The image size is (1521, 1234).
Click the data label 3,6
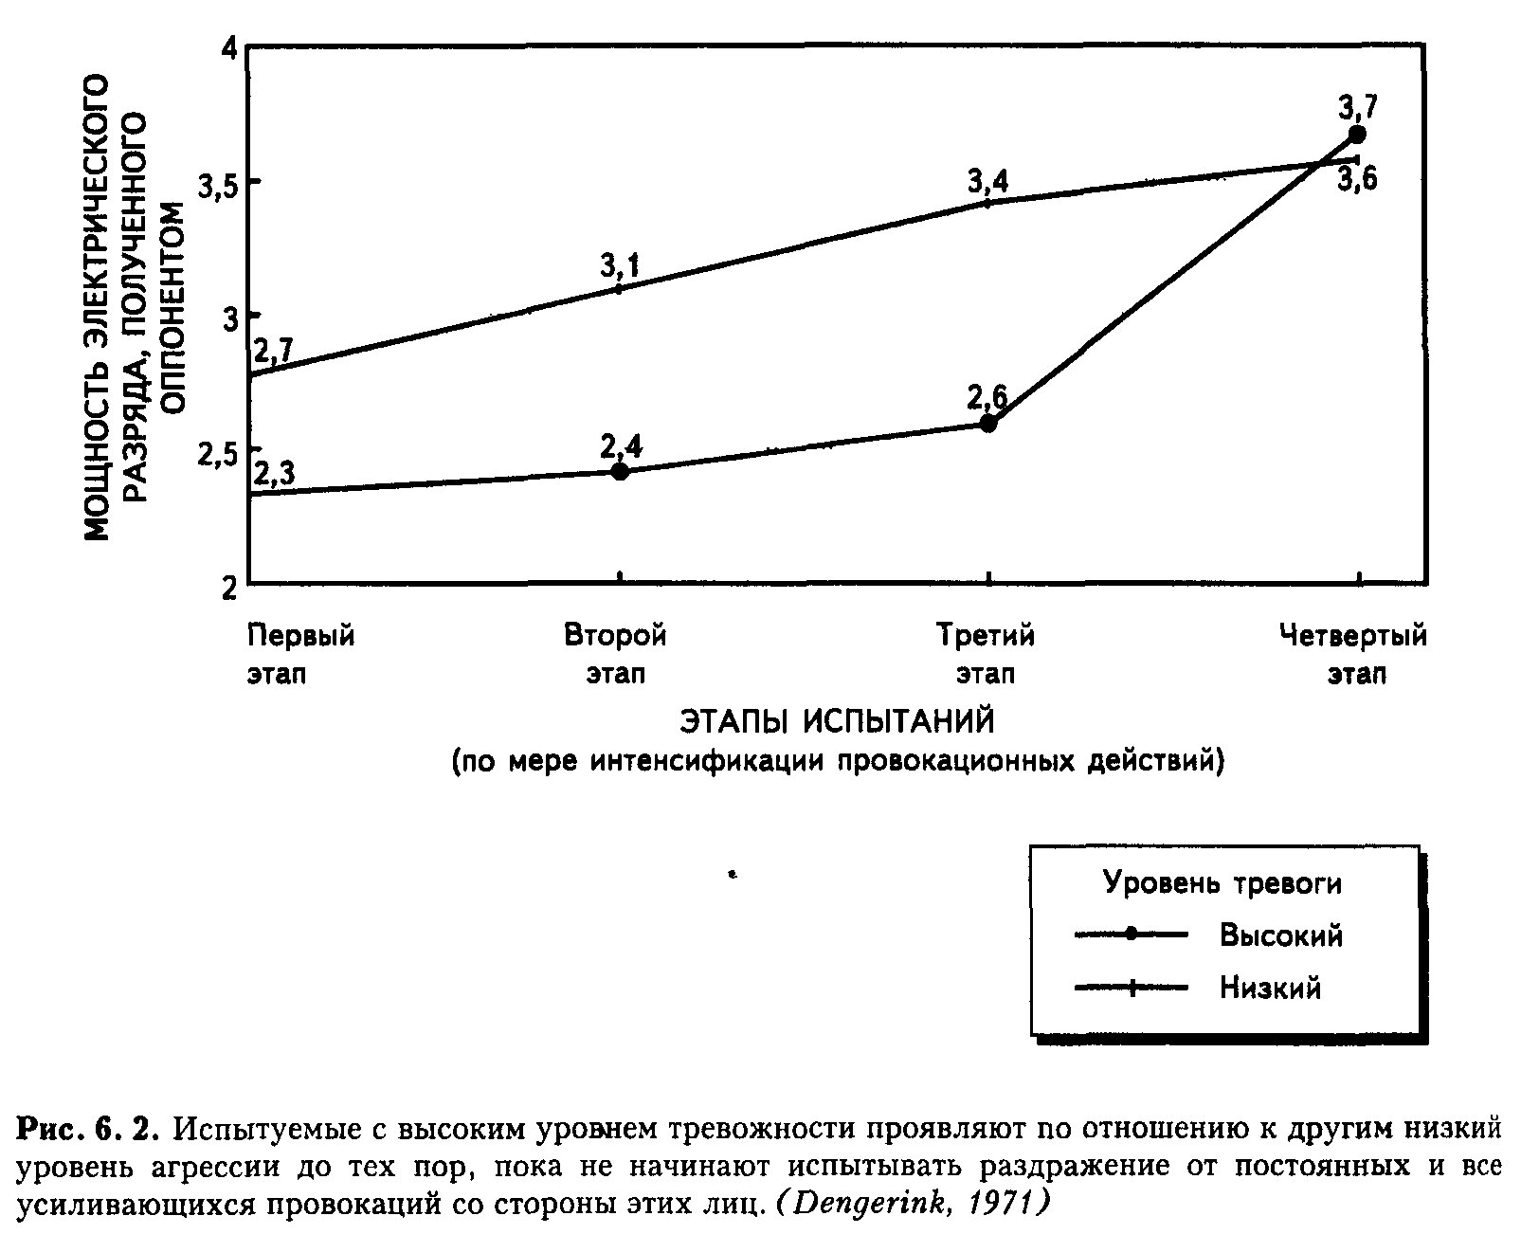tap(1357, 180)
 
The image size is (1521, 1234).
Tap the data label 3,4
tap(987, 180)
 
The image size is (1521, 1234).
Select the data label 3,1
tap(620, 266)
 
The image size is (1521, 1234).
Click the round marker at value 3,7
tap(1357, 134)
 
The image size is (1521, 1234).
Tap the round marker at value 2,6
tap(987, 423)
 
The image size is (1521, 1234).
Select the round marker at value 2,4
tap(620, 470)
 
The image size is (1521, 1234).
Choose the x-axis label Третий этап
tap(986, 653)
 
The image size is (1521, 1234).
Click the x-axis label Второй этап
tap(616, 653)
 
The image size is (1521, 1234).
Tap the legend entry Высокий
tap(1280, 935)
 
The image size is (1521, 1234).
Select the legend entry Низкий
tap(1270, 989)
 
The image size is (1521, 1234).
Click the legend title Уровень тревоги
tap(1222, 883)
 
